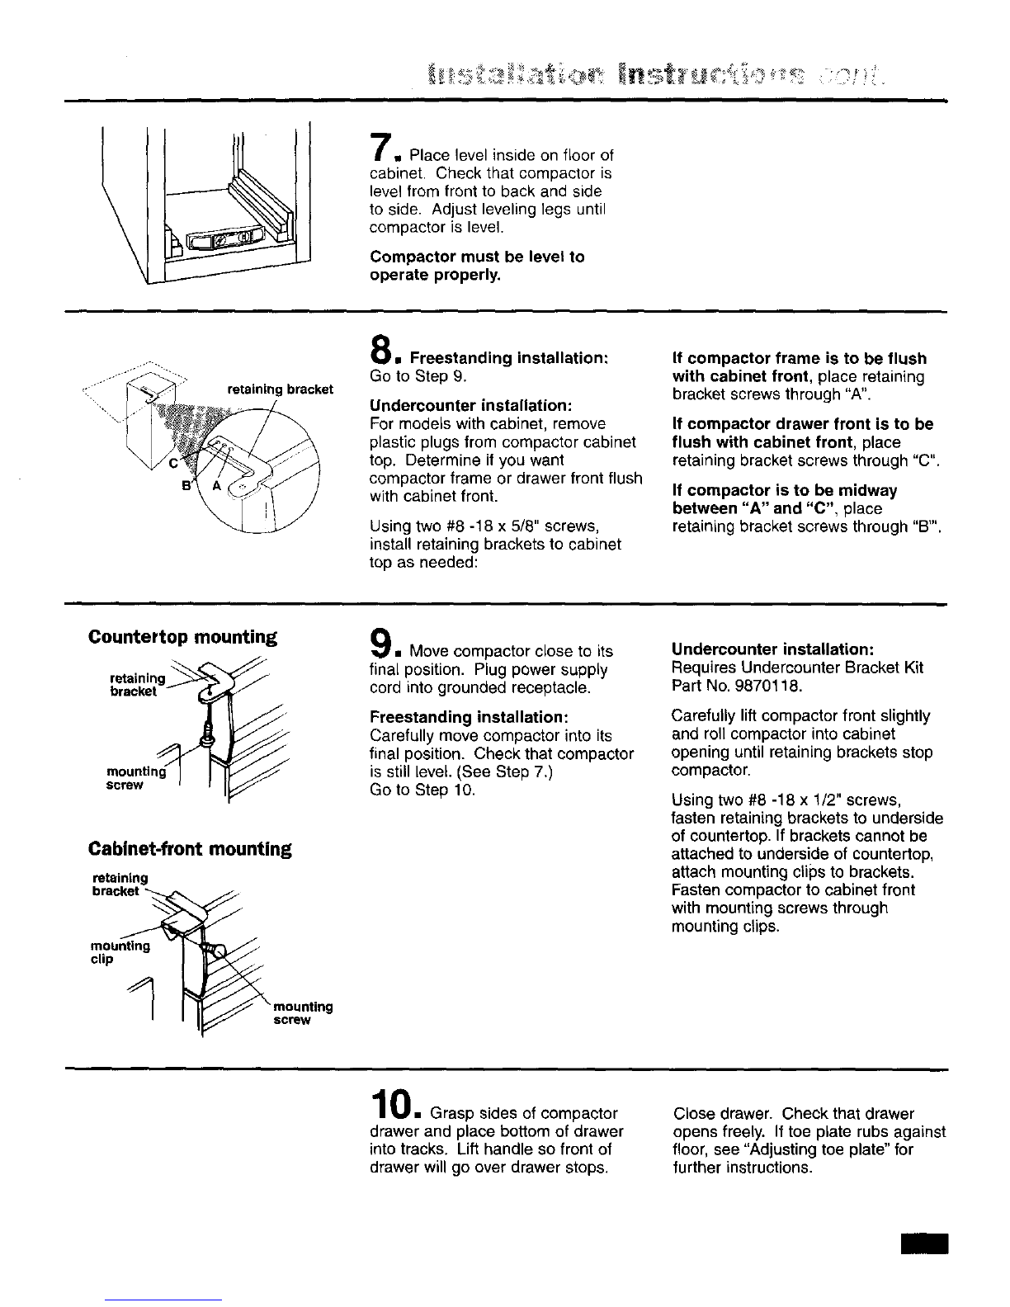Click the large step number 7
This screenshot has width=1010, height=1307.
(x=380, y=145)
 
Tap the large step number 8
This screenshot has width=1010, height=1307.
(x=380, y=349)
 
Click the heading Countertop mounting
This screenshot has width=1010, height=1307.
(x=182, y=637)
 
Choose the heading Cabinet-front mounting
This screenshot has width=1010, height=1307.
(x=190, y=849)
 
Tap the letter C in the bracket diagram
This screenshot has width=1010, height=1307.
(x=174, y=464)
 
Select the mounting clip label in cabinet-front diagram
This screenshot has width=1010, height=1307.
(x=120, y=952)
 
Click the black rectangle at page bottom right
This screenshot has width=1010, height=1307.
(x=926, y=1238)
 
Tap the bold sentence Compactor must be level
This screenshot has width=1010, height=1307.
(x=477, y=266)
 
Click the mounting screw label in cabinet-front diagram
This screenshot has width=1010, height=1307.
(x=303, y=1013)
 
